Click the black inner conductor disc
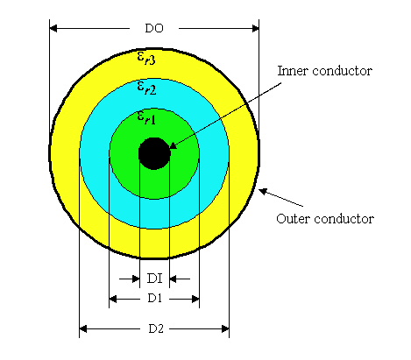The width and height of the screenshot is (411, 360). tap(154, 153)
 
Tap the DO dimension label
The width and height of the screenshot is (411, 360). tap(154, 28)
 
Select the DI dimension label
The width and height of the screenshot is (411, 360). tap(154, 279)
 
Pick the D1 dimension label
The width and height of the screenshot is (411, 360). tap(155, 299)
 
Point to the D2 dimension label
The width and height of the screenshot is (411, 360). tap(156, 328)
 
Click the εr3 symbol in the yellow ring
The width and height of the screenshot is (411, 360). tap(146, 58)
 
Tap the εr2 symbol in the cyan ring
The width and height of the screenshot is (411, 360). tap(146, 88)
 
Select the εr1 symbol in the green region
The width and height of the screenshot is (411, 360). tap(146, 118)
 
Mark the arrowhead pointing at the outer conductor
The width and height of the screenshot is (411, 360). tap(263, 192)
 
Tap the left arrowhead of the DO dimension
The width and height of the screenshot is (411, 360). tap(53, 28)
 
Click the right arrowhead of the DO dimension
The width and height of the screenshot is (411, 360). tap(255, 28)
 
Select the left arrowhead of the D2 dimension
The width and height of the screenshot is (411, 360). tap(83, 329)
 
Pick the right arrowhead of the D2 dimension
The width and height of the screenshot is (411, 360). tap(225, 329)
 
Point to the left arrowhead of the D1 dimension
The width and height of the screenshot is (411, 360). tap(113, 299)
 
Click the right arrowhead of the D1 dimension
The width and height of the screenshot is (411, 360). tap(195, 299)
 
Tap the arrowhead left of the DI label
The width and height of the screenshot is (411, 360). tap(136, 279)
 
